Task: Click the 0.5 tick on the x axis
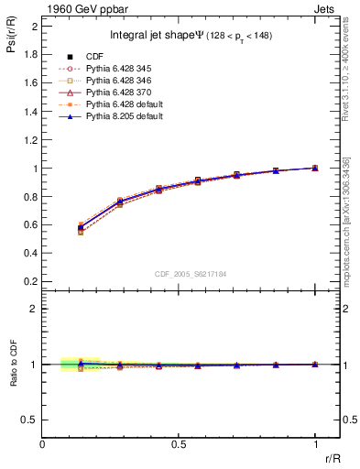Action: [x=179, y=443]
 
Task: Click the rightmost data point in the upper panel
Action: [x=315, y=168]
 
